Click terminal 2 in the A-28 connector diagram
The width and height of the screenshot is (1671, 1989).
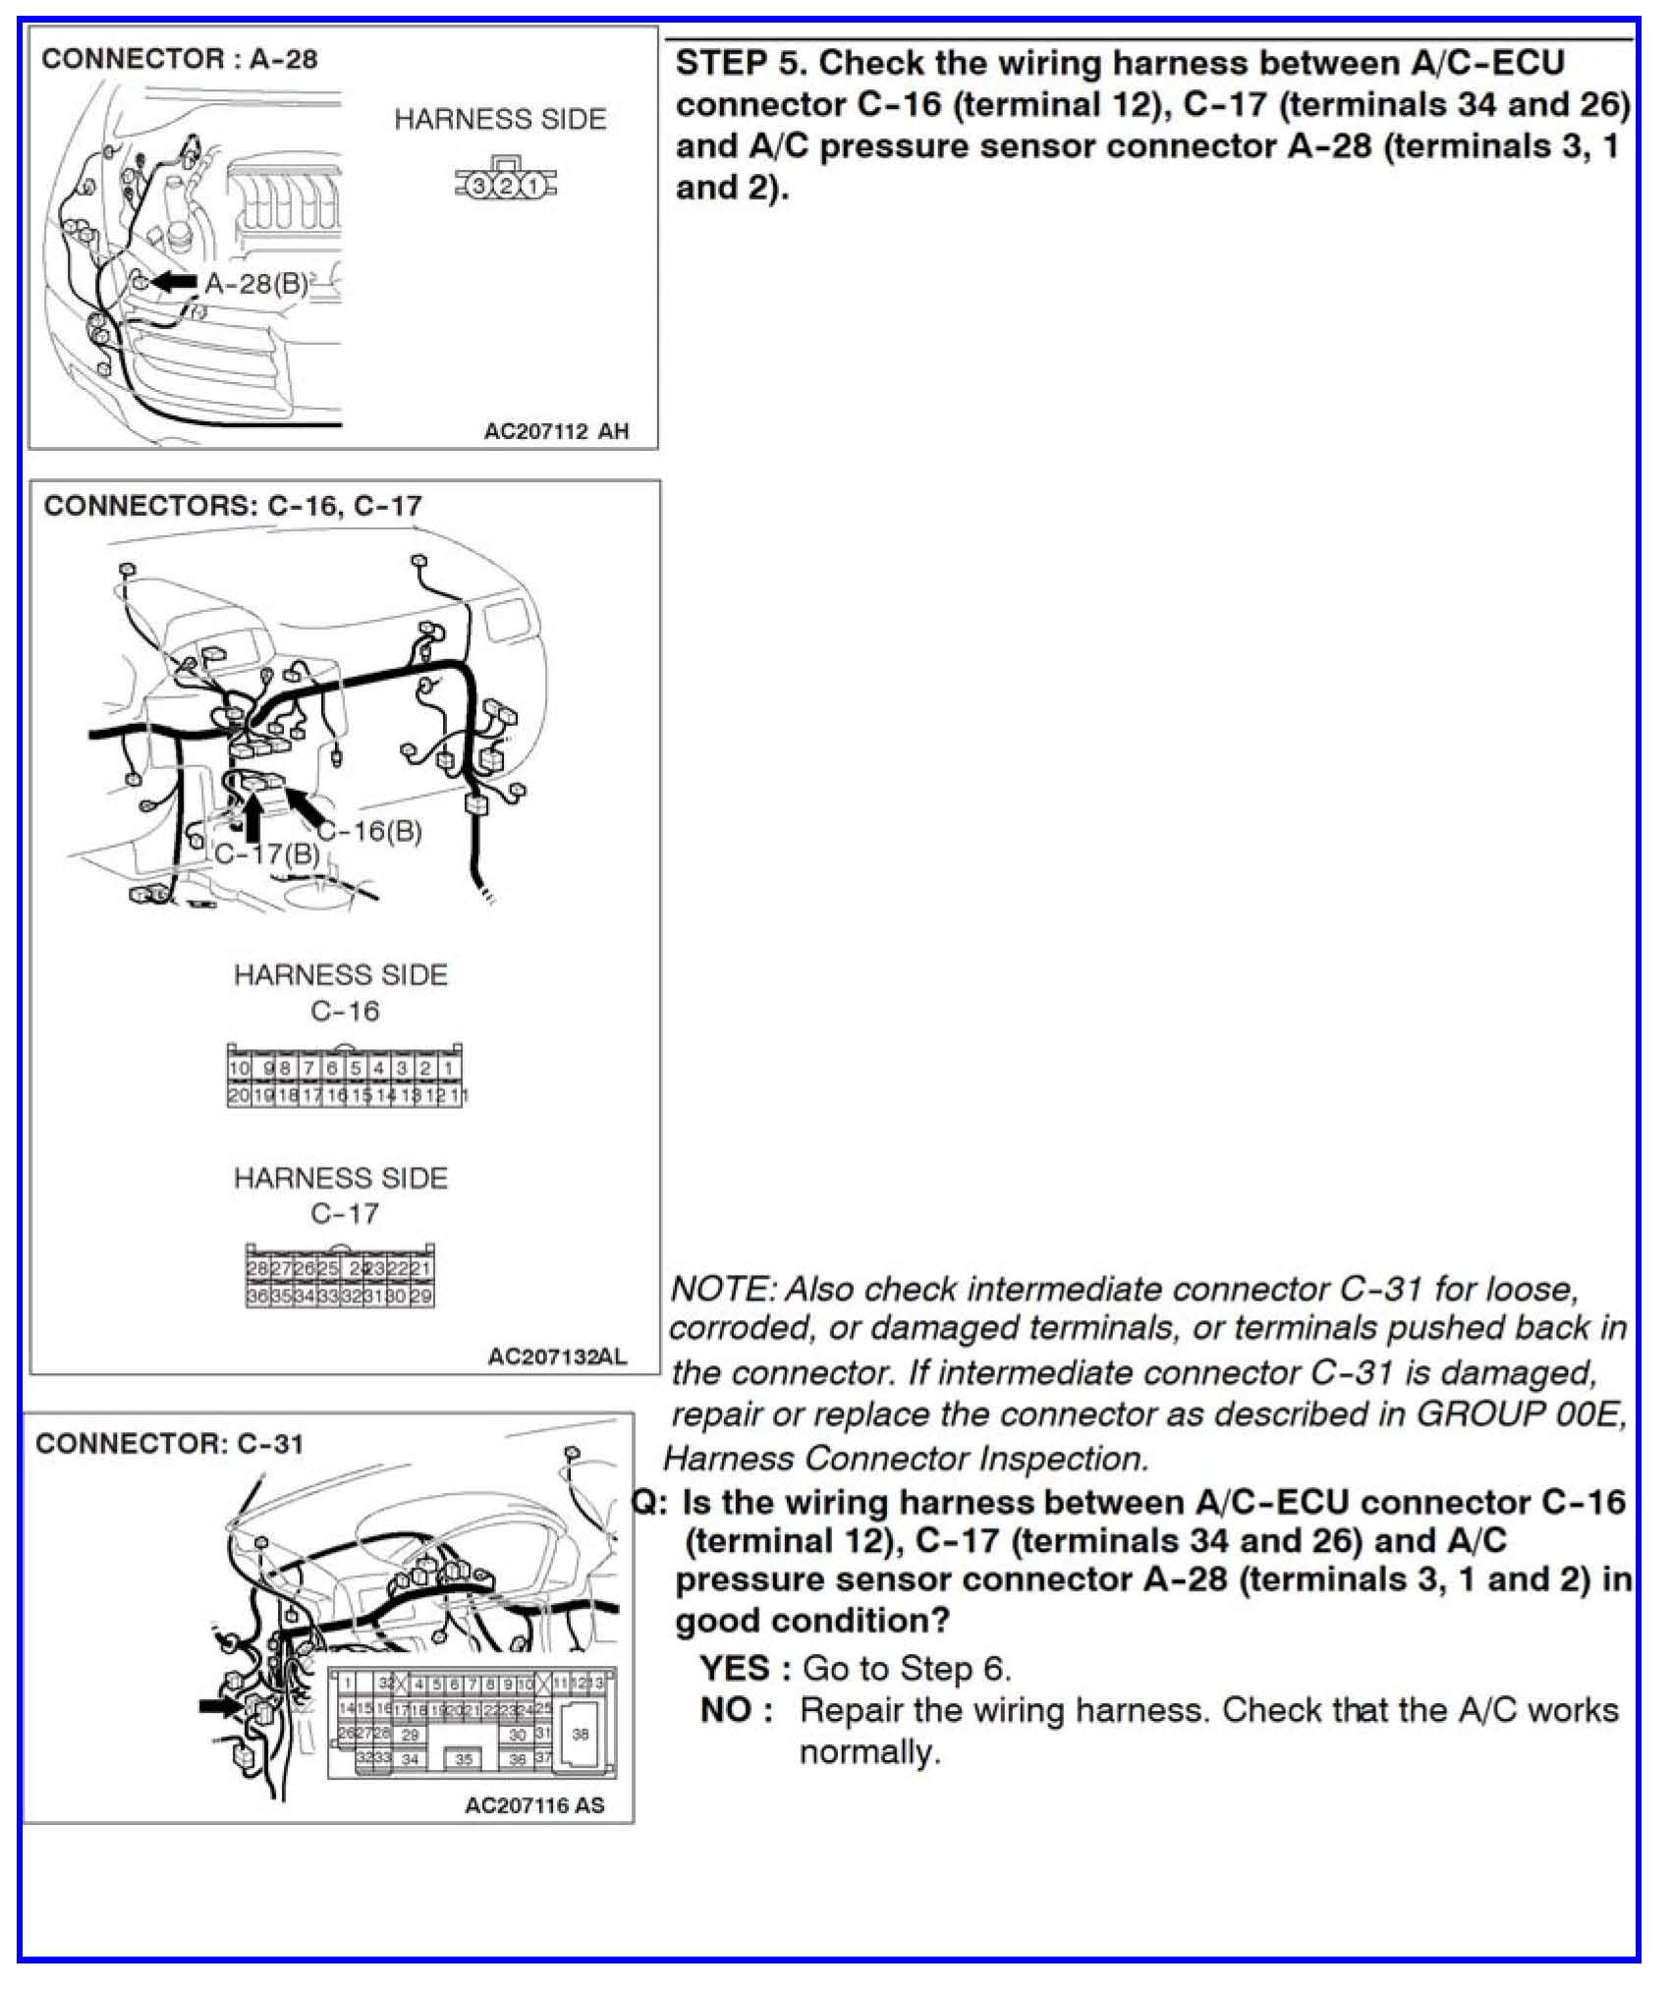click(x=505, y=185)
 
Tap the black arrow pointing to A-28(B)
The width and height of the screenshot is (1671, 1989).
click(x=175, y=282)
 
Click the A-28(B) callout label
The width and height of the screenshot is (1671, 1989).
click(x=255, y=284)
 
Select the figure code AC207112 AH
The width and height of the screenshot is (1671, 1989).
click(x=556, y=431)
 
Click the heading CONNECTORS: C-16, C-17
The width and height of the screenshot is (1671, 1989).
click(x=233, y=506)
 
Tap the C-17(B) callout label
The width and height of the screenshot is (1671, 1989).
click(x=267, y=854)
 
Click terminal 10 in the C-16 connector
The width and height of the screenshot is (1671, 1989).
click(x=239, y=1069)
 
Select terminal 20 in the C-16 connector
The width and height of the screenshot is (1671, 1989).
click(x=238, y=1095)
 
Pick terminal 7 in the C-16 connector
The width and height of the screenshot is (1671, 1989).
click(x=308, y=1069)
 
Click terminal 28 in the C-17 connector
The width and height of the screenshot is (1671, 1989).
click(x=256, y=1269)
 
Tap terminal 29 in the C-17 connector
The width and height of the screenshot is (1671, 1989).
click(x=421, y=1297)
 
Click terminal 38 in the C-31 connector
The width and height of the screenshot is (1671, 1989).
click(x=581, y=1735)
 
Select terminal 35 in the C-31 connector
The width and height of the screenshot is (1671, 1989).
click(x=464, y=1759)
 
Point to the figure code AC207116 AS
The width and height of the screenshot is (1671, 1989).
click(x=534, y=1805)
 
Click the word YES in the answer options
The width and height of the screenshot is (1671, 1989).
click(x=735, y=1669)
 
